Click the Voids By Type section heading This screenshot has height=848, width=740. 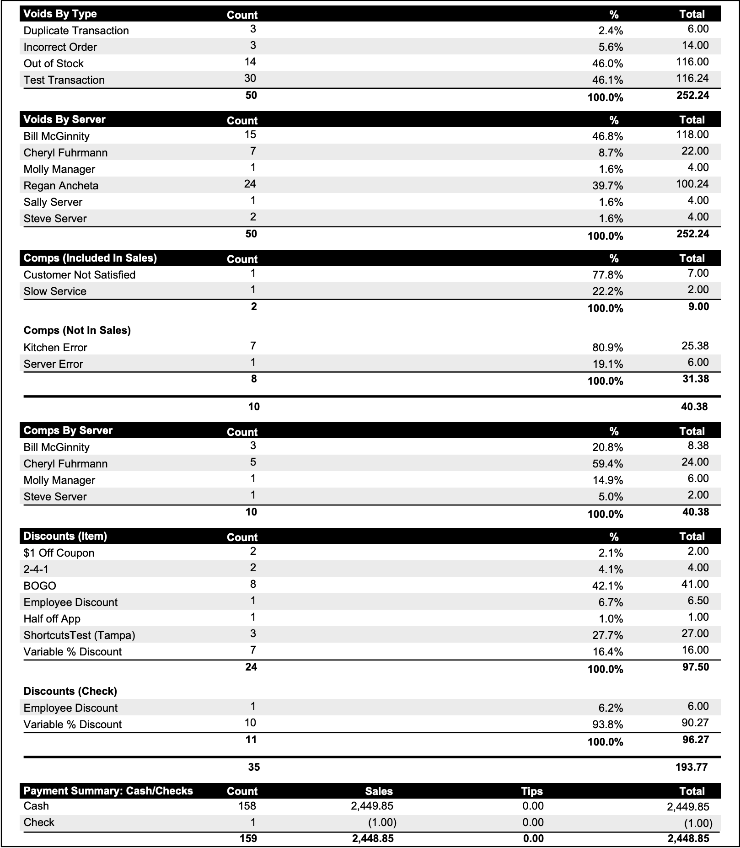[60, 14]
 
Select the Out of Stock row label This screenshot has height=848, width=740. [54, 64]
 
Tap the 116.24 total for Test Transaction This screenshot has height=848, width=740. [692, 78]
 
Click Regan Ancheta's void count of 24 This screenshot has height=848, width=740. [250, 184]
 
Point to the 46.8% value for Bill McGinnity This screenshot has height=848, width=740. [611, 136]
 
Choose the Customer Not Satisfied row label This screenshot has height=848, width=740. [79, 275]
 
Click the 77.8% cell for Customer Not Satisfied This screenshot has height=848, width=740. [607, 275]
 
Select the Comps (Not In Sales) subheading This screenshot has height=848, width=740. [77, 330]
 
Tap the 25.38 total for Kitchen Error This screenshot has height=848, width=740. [695, 346]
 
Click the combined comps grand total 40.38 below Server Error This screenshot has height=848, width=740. [694, 407]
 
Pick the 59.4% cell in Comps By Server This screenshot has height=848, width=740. [607, 464]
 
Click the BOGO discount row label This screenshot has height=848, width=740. [40, 586]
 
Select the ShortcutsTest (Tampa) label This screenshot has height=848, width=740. [79, 635]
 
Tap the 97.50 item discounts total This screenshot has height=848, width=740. [695, 667]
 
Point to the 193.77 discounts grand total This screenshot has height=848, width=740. [691, 767]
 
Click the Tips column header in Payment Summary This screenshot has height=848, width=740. [531, 791]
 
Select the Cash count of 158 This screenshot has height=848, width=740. [247, 806]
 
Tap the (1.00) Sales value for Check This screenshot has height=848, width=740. [382, 822]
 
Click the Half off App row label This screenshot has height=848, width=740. [52, 619]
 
